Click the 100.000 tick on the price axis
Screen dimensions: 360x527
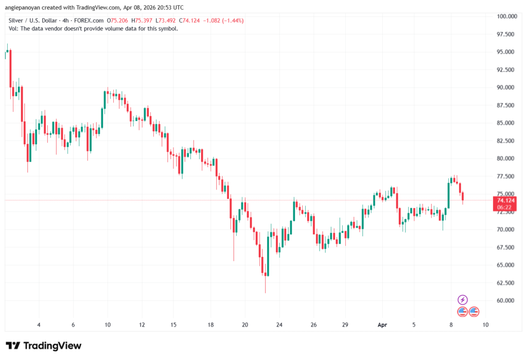click(506, 16)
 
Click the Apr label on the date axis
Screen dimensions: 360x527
click(382, 325)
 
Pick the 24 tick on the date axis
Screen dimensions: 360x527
click(279, 325)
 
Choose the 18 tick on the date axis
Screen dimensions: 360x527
click(211, 325)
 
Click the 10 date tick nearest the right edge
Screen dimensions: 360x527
click(485, 325)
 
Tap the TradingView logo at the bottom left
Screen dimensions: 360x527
click(44, 346)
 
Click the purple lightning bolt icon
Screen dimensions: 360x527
click(462, 300)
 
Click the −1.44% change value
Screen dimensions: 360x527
click(232, 21)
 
